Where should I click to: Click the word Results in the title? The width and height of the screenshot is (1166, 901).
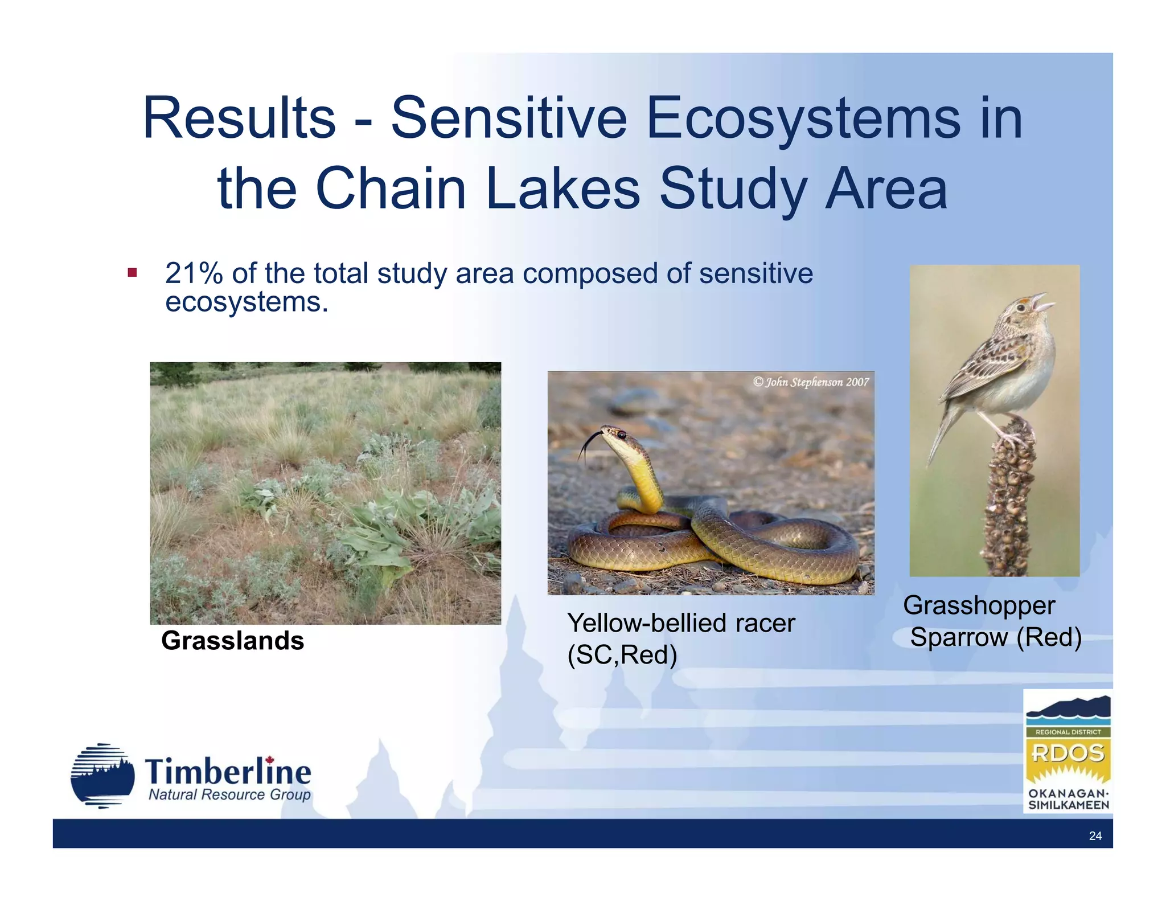click(239, 118)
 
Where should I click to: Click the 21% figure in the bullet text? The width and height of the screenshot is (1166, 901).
click(194, 273)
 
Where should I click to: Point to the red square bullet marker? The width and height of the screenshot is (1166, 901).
click(132, 273)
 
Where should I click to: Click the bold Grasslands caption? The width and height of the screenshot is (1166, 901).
click(232, 641)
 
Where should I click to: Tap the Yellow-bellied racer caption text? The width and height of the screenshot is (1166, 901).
click(680, 623)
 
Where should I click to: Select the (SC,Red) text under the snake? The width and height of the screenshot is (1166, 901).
click(622, 655)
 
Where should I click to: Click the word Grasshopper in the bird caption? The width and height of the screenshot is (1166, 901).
click(979, 605)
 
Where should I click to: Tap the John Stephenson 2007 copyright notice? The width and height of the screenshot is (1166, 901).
click(811, 382)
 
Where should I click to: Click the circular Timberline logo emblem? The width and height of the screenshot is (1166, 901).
click(102, 776)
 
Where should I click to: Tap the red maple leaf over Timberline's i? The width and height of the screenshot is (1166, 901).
click(270, 760)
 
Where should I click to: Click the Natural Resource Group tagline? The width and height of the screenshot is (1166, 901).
click(229, 794)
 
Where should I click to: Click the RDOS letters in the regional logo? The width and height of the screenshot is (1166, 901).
click(1068, 753)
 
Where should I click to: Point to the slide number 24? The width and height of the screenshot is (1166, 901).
click(1095, 836)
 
